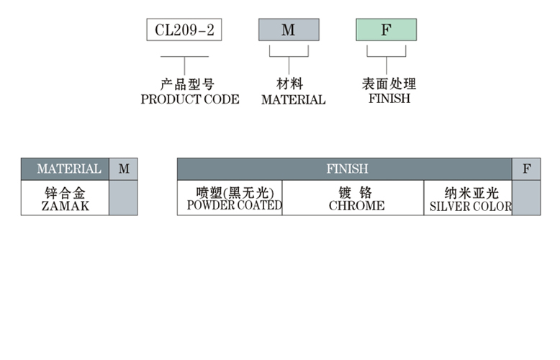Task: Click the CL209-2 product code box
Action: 184,30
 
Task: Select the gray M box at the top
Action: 289,30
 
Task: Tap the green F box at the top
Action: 386,30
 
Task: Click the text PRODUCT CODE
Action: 190,99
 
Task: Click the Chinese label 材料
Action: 289,84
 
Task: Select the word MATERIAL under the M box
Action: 293,100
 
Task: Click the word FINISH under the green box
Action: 389,99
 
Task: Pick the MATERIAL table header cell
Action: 66,168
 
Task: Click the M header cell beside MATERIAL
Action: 124,168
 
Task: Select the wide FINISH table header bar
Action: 346,168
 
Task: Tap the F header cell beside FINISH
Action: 526,168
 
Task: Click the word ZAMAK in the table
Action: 65,206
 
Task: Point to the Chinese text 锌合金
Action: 65,192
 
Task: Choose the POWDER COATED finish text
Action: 234,205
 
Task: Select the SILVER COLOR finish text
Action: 470,206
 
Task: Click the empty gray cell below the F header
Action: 526,198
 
